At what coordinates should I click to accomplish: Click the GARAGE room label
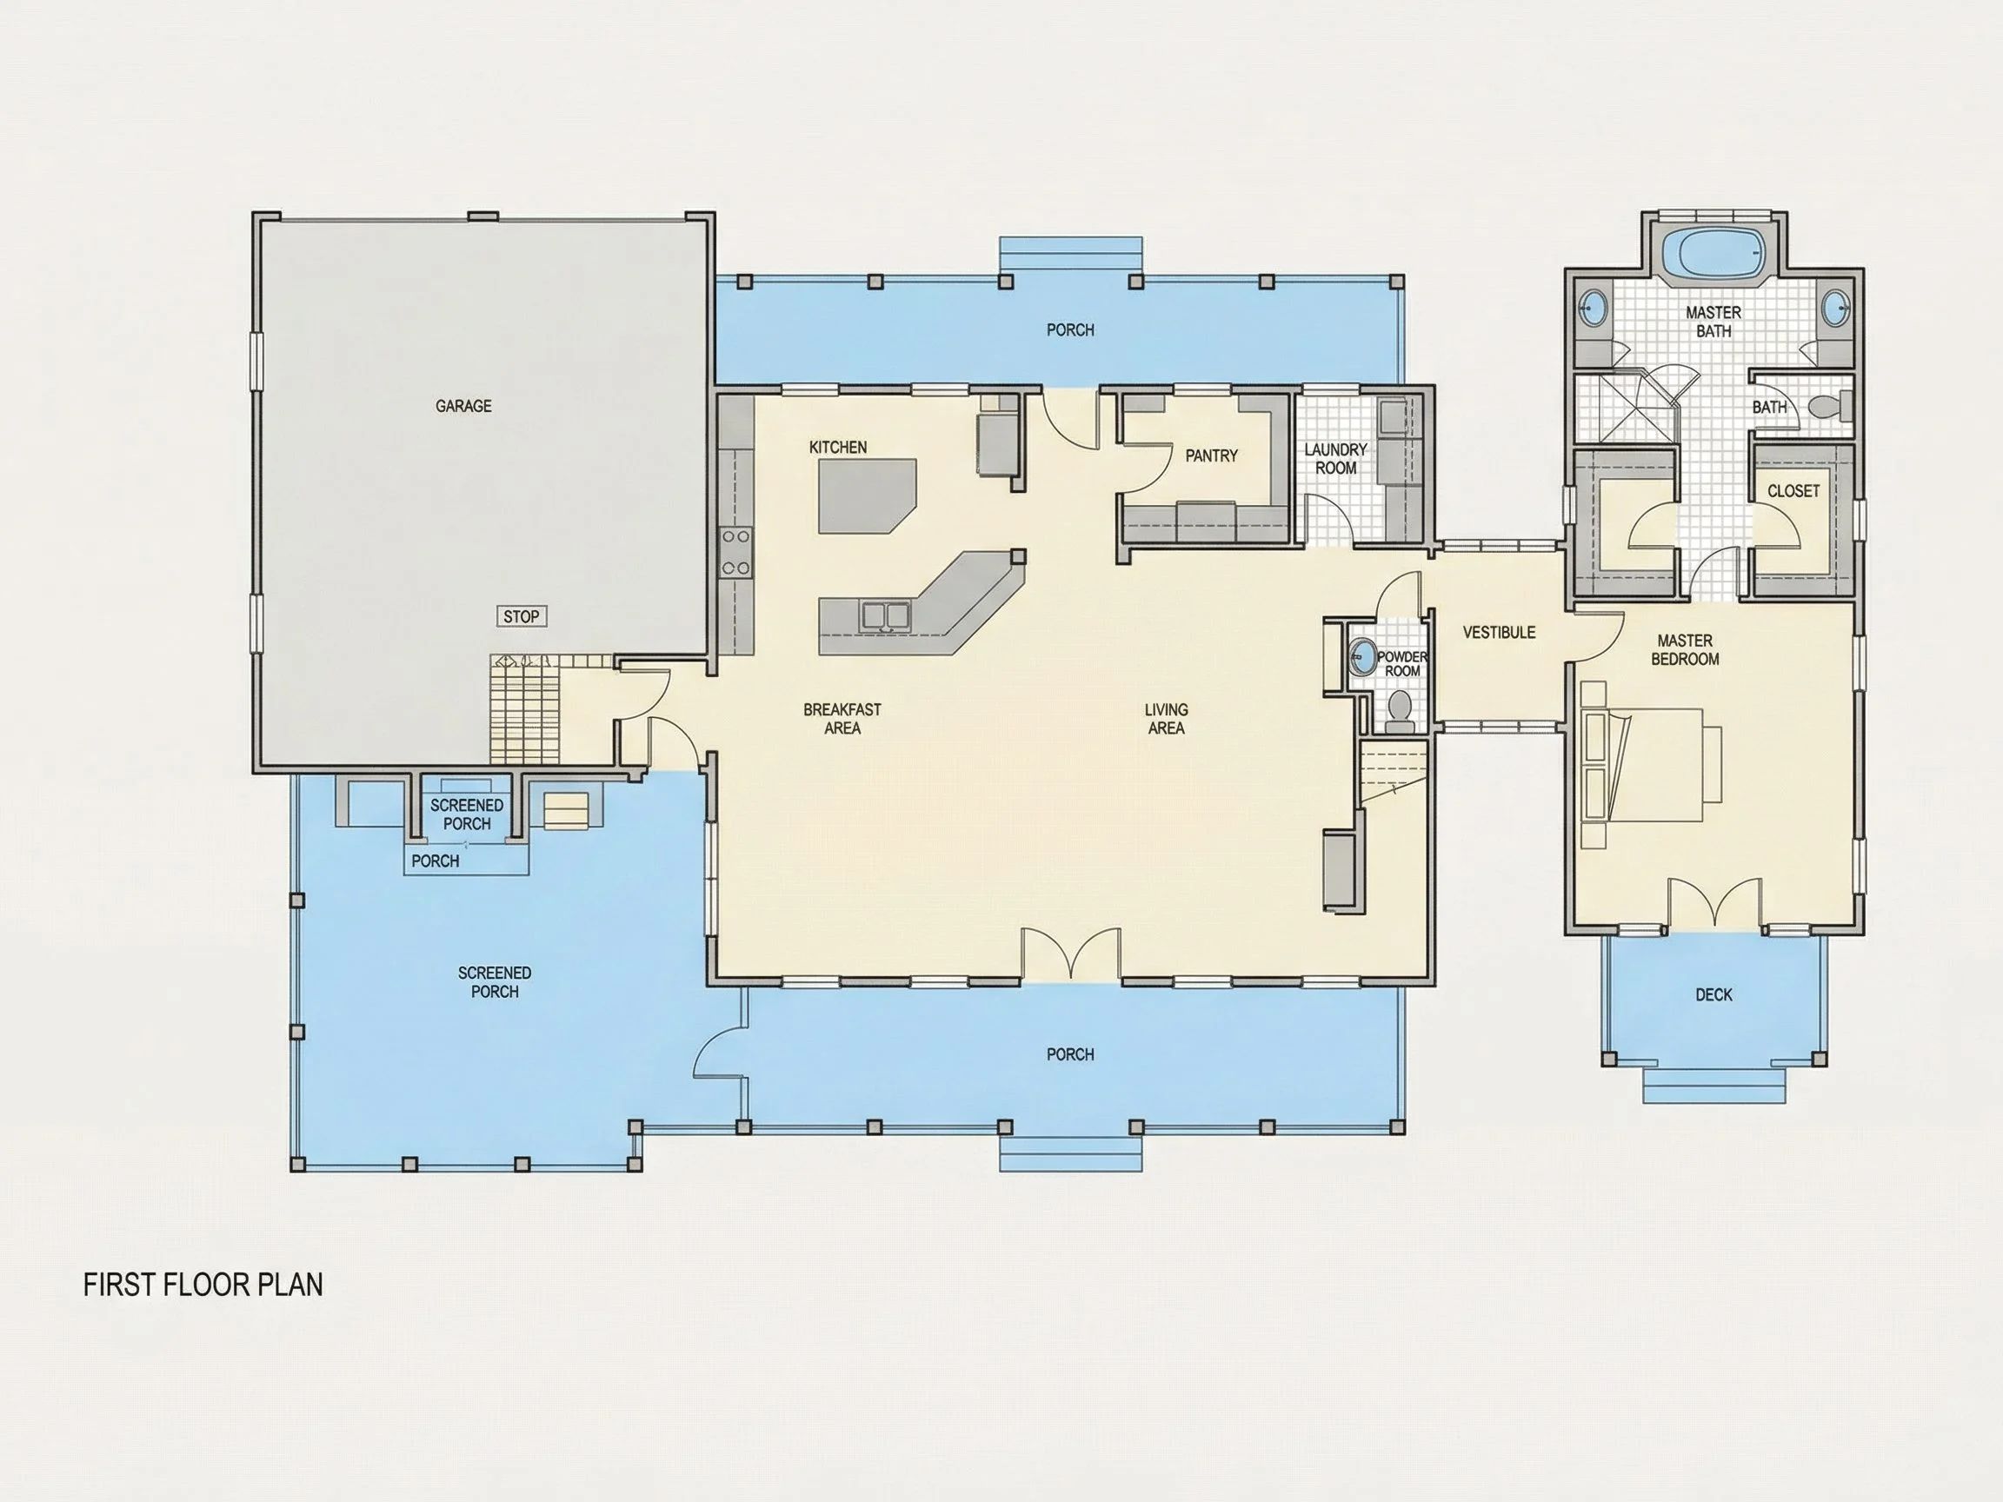[x=462, y=407]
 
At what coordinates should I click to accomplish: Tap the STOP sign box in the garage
[x=522, y=616]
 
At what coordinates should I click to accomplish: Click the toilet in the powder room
[x=1399, y=712]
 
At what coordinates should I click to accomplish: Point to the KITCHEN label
[x=837, y=448]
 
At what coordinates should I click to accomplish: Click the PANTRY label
[x=1211, y=456]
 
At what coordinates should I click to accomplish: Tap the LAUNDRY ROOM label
[x=1335, y=459]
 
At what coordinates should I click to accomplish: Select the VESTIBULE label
[x=1499, y=633]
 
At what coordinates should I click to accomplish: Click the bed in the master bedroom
[x=1652, y=765]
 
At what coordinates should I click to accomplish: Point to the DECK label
[x=1714, y=995]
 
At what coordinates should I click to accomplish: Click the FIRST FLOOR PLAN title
[x=203, y=1285]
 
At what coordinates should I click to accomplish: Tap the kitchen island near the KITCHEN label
[x=867, y=496]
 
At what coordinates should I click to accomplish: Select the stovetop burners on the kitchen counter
[x=735, y=552]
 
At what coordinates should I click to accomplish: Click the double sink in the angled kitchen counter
[x=885, y=615]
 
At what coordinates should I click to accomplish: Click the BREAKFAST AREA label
[x=842, y=719]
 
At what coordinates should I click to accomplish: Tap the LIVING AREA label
[x=1167, y=719]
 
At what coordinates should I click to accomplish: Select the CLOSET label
[x=1793, y=491]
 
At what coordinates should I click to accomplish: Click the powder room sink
[x=1362, y=657]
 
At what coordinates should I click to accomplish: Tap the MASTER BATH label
[x=1714, y=322]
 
